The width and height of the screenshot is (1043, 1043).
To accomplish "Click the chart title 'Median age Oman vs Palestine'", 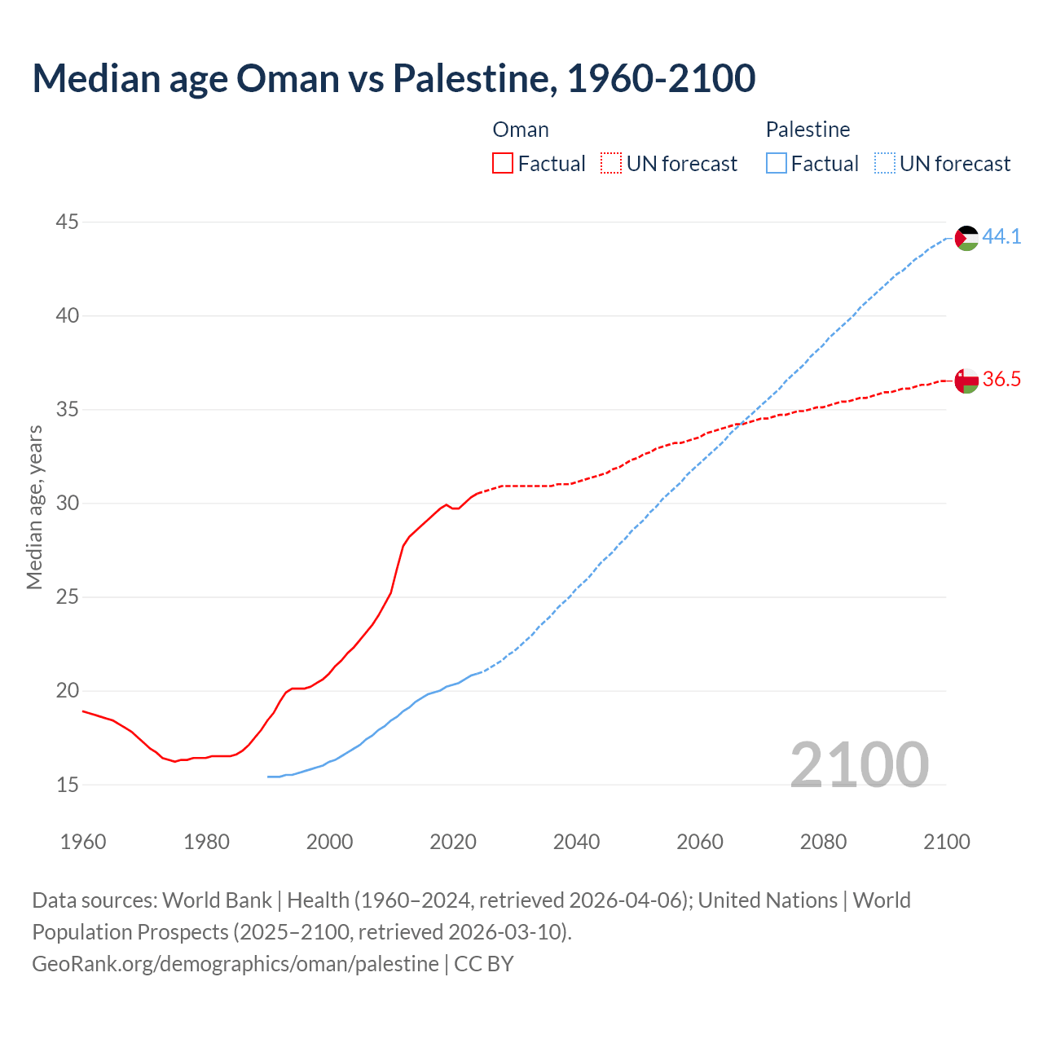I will pos(394,78).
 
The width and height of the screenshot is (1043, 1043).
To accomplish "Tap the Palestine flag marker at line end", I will pos(966,238).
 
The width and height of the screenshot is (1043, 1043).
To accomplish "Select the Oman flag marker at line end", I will pos(966,381).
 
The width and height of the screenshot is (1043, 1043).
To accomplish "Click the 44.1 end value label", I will pos(1001,237).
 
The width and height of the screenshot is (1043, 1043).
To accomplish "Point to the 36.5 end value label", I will pos(1001,380).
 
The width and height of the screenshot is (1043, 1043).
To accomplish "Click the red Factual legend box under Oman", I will pos(503,164).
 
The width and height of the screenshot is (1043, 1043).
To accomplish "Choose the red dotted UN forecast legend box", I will pos(611,164).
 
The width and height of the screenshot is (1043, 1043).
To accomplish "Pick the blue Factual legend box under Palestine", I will pos(777,164).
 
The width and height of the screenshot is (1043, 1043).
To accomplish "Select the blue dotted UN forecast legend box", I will pos(884,164).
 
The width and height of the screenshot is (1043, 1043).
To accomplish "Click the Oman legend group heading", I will pos(521,130).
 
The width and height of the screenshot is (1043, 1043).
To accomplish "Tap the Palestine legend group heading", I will pos(808,130).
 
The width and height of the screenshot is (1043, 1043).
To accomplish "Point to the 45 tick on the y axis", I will pos(68,222).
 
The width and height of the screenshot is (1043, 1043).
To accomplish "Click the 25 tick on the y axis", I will pos(68,597).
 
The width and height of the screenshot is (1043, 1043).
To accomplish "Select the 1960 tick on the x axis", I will pos(83,842).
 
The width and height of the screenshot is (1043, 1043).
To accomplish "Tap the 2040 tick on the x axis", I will pos(576,842).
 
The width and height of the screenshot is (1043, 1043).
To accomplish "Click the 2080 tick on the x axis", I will pos(823,842).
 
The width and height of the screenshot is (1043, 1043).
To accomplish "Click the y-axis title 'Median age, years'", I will pos(34,507).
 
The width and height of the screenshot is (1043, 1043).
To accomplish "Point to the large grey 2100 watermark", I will pos(859,764).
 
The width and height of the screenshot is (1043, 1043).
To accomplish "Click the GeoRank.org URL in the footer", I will pos(235,964).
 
